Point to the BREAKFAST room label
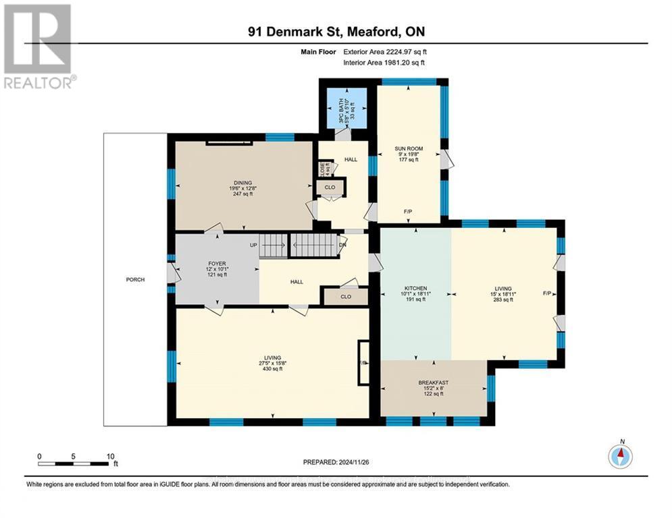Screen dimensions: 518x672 [x=433, y=383]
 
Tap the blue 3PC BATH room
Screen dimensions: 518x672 [x=345, y=107]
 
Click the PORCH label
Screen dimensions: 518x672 [x=135, y=280]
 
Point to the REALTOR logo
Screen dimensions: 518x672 [x=38, y=47]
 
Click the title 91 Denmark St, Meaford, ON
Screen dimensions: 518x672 [x=336, y=32]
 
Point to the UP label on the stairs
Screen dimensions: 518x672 [x=254, y=244]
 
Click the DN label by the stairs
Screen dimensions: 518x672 [x=342, y=245]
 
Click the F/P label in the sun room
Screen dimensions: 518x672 [x=408, y=212]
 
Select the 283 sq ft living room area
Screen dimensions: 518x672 [x=503, y=299]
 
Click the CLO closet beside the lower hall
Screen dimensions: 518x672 [x=345, y=295]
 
